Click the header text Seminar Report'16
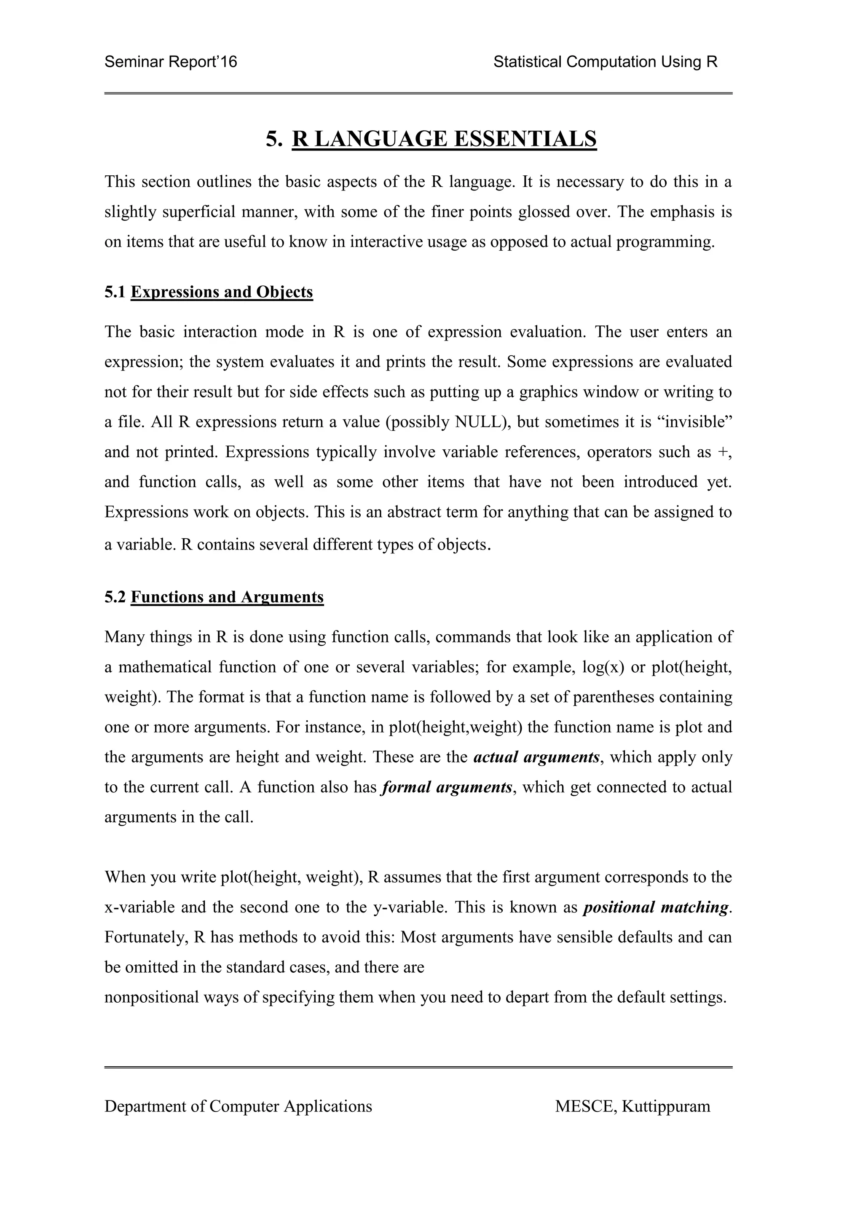tap(171, 62)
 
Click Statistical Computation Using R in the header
tap(605, 62)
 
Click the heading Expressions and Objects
tap(222, 292)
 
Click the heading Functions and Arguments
tap(227, 597)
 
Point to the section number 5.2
tap(115, 597)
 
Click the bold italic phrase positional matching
tap(656, 907)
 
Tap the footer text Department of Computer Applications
tap(238, 1107)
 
